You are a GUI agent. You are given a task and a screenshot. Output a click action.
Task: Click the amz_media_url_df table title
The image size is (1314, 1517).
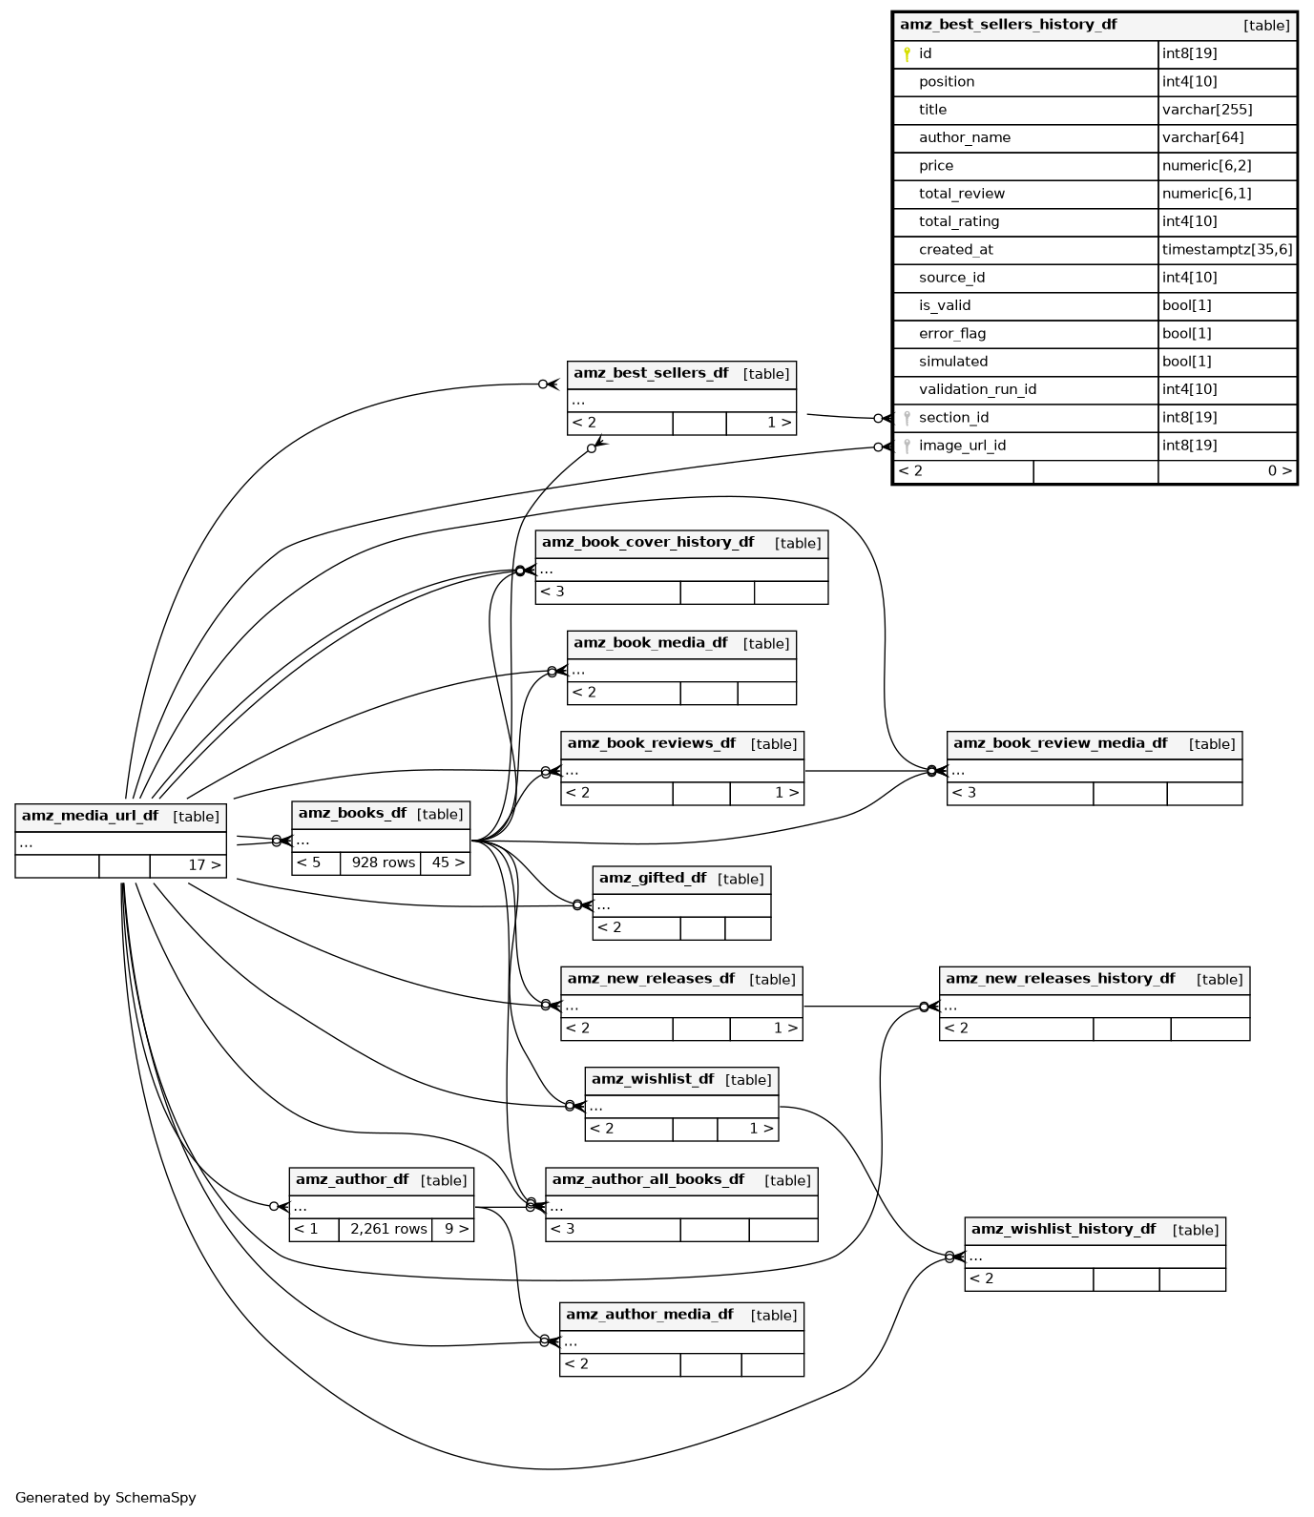[x=91, y=817]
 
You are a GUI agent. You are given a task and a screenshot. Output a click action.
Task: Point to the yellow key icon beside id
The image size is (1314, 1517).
[x=907, y=54]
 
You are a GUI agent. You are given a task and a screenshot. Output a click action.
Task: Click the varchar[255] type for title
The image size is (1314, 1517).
[x=1206, y=110]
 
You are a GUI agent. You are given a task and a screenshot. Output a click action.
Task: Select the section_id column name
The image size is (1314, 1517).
[x=953, y=418]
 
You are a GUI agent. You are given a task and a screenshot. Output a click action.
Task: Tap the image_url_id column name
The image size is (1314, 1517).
[x=962, y=446]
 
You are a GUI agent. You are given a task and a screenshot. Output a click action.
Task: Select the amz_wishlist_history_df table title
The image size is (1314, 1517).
[x=1063, y=1230]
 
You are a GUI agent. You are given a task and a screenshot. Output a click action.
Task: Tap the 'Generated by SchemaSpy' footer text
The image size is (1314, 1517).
[x=106, y=1498]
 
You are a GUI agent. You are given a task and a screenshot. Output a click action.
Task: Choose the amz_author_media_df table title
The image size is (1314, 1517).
[x=649, y=1315]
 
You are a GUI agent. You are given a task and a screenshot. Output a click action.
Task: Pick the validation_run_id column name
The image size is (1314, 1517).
[x=977, y=389]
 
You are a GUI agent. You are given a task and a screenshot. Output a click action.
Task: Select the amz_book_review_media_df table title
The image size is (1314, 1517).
[x=1060, y=744]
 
